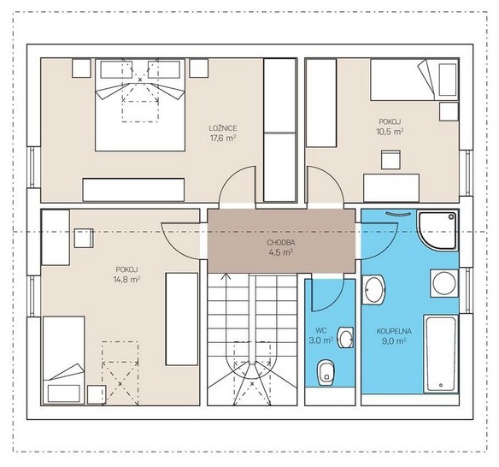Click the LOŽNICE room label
[x=223, y=128]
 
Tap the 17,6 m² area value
[x=223, y=139]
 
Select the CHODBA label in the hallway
[x=280, y=242]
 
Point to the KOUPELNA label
[x=394, y=331]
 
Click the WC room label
[x=321, y=329]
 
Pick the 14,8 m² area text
[x=126, y=280]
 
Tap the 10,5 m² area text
[x=390, y=132]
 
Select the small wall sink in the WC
[x=345, y=338]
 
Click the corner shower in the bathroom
[x=438, y=230]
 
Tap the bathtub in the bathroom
[x=441, y=354]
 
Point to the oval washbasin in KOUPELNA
[x=374, y=290]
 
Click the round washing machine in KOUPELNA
[x=444, y=283]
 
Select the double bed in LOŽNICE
[x=140, y=105]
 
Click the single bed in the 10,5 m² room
[x=414, y=80]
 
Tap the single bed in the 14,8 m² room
[x=63, y=360]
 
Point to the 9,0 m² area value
[x=394, y=341]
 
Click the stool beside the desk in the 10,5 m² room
[x=390, y=160]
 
